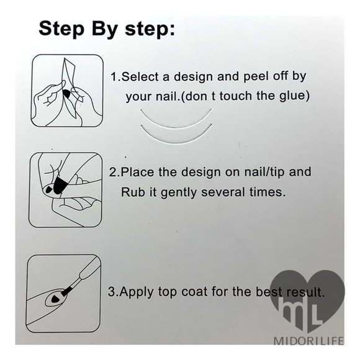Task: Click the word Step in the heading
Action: [x=61, y=29]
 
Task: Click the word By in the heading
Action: [x=105, y=29]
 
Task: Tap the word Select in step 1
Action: [x=140, y=76]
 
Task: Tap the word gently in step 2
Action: [x=179, y=192]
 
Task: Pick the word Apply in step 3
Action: [x=136, y=292]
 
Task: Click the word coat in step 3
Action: [x=194, y=292]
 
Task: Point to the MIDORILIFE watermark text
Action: [x=309, y=341]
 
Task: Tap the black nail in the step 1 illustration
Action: [x=66, y=93]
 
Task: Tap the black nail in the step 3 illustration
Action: [x=55, y=299]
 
